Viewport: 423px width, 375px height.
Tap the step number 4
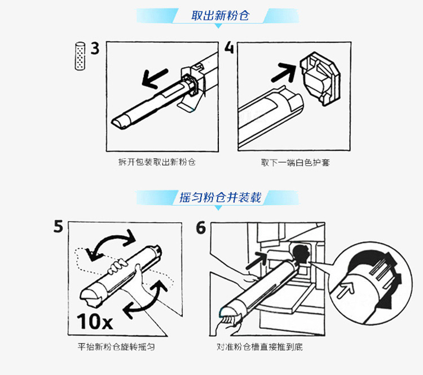point(229,47)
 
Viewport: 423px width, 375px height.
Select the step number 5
point(58,227)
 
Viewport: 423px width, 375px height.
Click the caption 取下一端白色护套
point(295,162)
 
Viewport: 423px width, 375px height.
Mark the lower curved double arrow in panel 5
point(147,299)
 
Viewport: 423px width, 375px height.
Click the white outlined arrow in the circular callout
point(343,291)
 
